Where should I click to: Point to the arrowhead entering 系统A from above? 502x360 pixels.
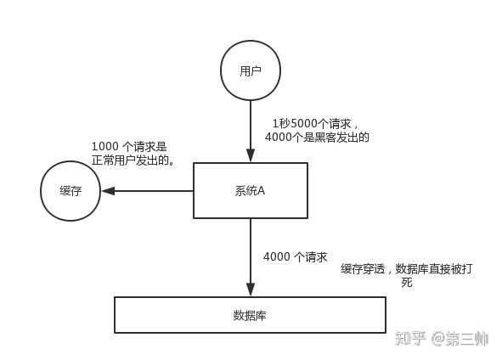click(251, 156)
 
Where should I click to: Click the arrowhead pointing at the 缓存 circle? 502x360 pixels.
click(108, 191)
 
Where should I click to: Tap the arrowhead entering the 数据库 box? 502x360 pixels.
click(251, 290)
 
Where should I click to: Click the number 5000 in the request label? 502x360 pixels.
click(303, 123)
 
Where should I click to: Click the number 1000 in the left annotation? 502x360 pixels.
click(105, 147)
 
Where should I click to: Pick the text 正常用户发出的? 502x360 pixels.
click(130, 160)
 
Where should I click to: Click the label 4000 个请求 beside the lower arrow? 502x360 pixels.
click(296, 256)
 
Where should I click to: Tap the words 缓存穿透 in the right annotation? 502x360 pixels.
click(363, 269)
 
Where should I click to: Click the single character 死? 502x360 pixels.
click(407, 282)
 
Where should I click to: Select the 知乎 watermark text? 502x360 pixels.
click(410, 338)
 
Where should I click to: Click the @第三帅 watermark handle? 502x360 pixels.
click(460, 339)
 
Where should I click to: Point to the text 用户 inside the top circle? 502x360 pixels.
click(251, 70)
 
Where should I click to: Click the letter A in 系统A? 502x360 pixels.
click(261, 190)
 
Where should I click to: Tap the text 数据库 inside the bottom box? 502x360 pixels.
click(250, 316)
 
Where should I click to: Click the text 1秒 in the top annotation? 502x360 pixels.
click(281, 123)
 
